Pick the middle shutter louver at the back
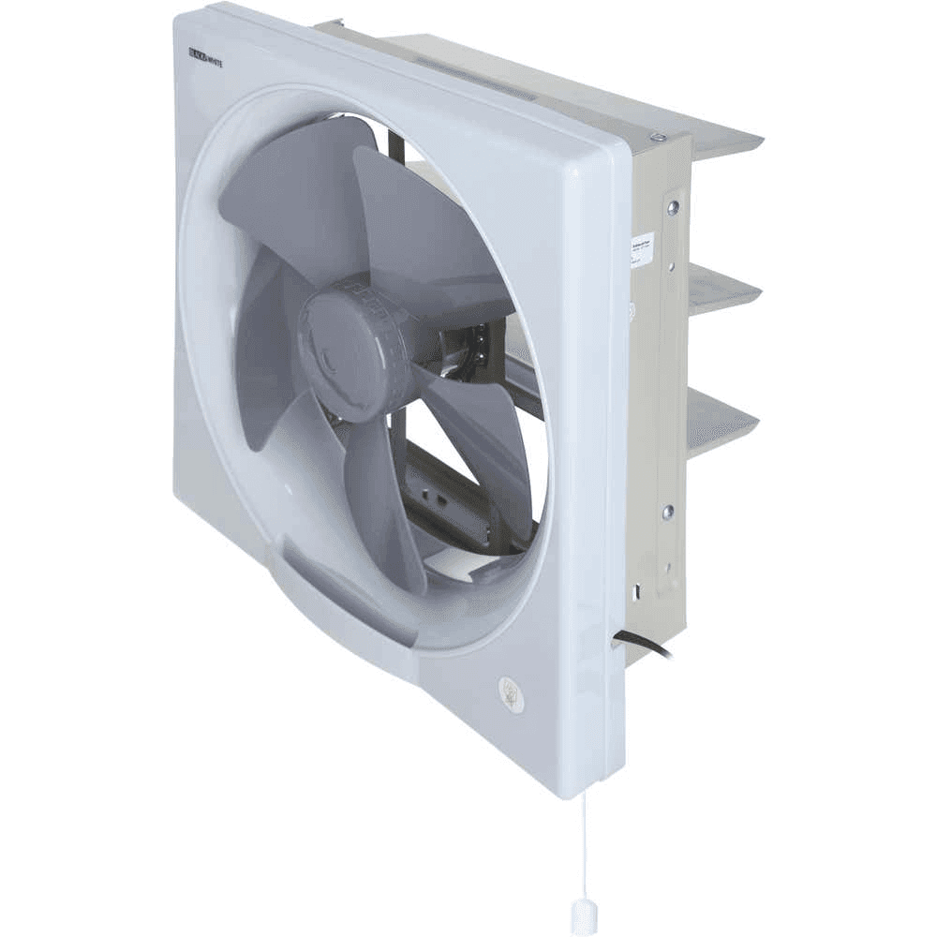click(721, 290)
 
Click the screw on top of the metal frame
click(659, 138)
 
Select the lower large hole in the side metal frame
click(667, 512)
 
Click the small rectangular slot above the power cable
click(637, 590)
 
